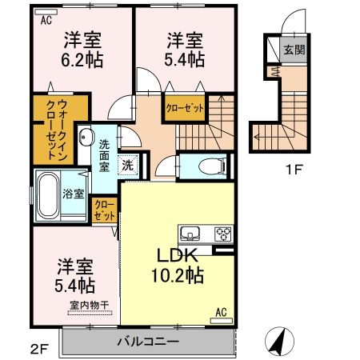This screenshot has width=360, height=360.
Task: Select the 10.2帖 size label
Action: coord(178,276)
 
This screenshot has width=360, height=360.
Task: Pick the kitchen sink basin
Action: coord(190,234)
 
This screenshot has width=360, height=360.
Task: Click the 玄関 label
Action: coord(294,50)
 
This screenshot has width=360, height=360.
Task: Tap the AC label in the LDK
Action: coord(222,312)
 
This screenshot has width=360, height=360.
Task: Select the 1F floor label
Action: coord(293,170)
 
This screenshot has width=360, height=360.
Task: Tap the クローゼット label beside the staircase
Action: coord(184,108)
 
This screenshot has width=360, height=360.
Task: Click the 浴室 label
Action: coord(73,192)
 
